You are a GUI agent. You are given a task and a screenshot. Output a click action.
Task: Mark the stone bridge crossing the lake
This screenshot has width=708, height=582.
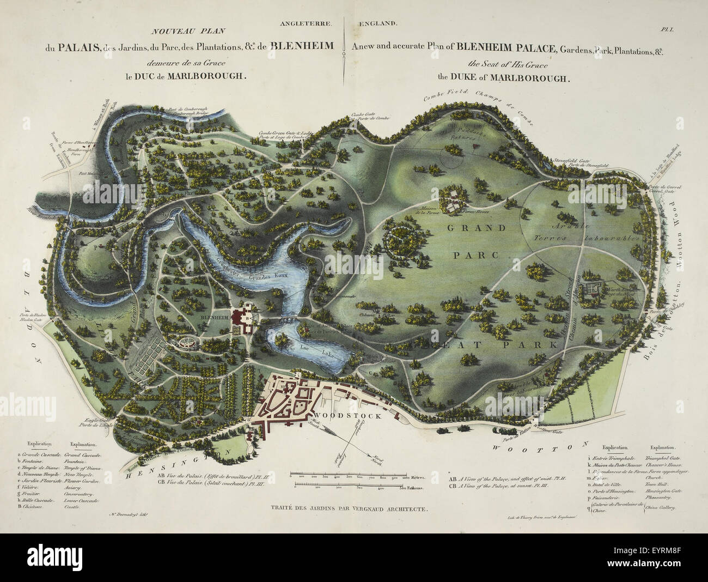(x=289, y=320)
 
